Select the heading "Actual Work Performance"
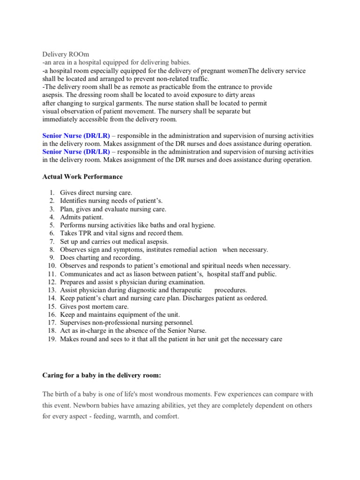point(82,177)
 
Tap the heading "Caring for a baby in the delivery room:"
point(107,376)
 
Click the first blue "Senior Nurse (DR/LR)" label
point(76,136)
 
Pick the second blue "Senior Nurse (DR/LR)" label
point(76,152)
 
